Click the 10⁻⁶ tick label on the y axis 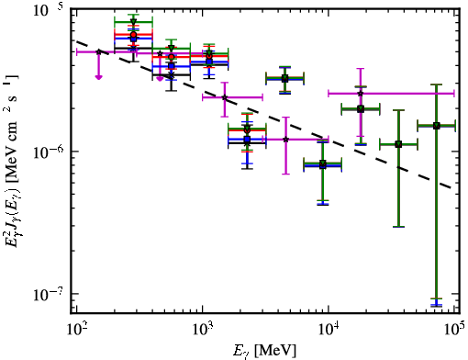point(50,152)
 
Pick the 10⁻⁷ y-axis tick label point(50,294)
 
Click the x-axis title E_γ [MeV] point(264,350)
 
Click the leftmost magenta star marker point(98,51)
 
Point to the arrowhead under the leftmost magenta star point(98,77)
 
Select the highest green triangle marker point(133,21)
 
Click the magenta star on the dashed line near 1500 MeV point(225,97)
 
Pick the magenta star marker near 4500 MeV point(285,140)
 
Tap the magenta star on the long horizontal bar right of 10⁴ point(361,93)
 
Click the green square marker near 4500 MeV point(285,78)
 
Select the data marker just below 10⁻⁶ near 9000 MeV point(323,164)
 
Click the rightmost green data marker point(437,126)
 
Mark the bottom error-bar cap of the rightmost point point(437,305)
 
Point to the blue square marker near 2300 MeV point(247,140)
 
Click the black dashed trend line point(263,115)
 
